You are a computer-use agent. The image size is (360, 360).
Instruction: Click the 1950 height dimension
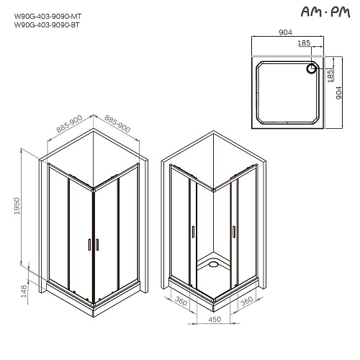tap(27, 209)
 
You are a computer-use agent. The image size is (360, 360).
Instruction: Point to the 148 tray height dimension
tap(27, 289)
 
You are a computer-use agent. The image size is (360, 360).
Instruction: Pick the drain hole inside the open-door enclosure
tap(215, 264)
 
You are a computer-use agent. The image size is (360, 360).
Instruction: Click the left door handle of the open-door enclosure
tap(193, 231)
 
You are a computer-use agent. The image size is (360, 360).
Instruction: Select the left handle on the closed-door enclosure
tap(88, 245)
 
